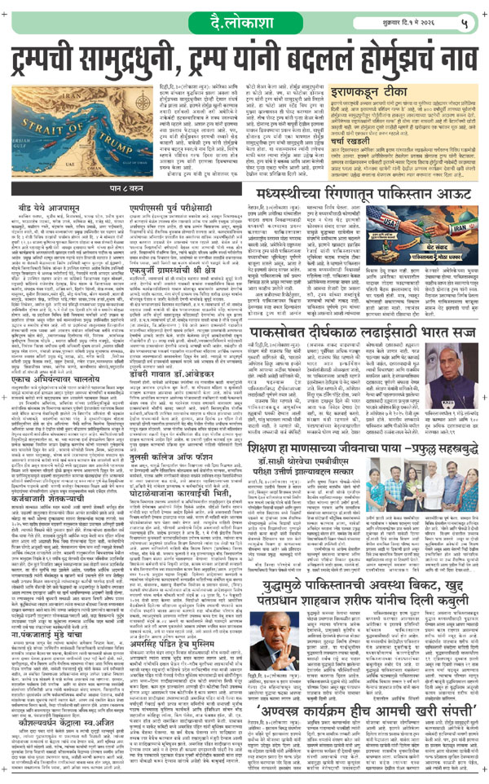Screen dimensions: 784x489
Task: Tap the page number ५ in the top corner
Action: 468,18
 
